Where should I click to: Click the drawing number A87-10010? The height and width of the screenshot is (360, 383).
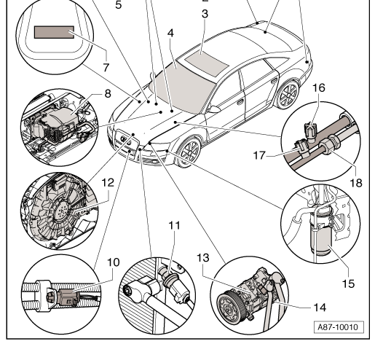(339, 327)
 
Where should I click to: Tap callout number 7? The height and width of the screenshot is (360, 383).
(106, 68)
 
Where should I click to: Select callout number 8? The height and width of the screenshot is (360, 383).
(108, 93)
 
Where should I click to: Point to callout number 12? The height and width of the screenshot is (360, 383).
(108, 183)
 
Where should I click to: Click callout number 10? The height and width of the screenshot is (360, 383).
(114, 262)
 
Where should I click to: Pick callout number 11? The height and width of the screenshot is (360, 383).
(175, 225)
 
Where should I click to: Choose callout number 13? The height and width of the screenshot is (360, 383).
(203, 258)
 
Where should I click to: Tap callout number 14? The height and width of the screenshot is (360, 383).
(320, 308)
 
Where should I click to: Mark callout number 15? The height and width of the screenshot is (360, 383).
(349, 283)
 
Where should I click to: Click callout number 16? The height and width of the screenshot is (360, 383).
(319, 87)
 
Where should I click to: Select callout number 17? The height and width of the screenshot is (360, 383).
(259, 155)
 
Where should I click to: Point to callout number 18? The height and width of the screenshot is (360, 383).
(356, 183)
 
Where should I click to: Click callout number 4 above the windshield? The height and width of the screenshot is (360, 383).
(170, 33)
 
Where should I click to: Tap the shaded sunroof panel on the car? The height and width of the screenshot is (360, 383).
(206, 63)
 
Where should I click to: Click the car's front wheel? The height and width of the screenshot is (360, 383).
(189, 152)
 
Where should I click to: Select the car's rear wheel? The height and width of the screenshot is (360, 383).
(288, 95)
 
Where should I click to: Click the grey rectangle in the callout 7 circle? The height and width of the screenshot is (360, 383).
(54, 32)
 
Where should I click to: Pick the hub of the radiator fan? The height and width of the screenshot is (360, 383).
(63, 211)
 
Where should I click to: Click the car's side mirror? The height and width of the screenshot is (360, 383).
(213, 109)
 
